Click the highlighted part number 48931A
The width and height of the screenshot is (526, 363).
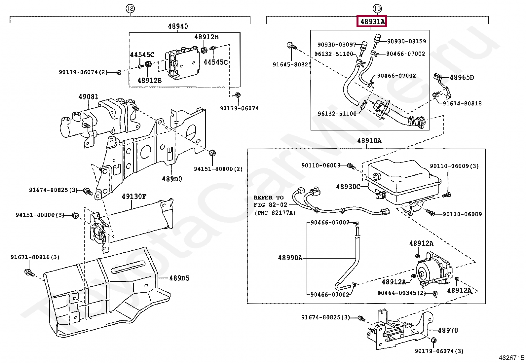372,22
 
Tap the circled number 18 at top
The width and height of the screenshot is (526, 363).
130,9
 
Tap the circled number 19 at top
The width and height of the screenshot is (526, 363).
377,9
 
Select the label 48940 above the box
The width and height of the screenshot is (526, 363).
178,26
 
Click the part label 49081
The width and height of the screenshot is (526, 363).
88,97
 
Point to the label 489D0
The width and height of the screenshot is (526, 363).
172,179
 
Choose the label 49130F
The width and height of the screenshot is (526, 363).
134,197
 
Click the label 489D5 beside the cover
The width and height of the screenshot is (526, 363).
179,278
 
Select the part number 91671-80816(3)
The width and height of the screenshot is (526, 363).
35,257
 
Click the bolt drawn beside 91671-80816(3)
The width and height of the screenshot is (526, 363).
29,273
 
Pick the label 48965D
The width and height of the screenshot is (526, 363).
462,78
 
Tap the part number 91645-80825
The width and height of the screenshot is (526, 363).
292,65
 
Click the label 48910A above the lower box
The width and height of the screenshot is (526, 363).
369,141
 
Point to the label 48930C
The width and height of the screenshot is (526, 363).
348,187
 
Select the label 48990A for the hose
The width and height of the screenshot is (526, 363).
290,258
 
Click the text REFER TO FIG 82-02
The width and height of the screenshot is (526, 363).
271,201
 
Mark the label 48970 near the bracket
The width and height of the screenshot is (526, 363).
448,330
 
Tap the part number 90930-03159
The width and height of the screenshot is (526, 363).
406,42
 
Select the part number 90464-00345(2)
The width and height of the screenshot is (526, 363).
401,293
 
